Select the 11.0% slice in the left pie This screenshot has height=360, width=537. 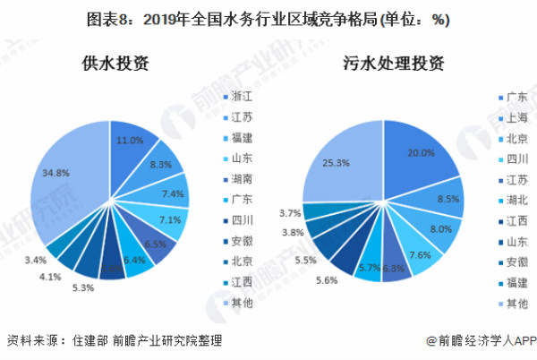pos(130,141)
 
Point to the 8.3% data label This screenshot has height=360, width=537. pos(162,165)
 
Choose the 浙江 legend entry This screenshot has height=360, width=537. pos(242,95)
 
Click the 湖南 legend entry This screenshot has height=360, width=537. pos(242,179)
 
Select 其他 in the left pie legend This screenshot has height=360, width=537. pos(242,304)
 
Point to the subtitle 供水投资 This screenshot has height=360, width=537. pos(114,64)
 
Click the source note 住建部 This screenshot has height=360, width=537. pos(89,341)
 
